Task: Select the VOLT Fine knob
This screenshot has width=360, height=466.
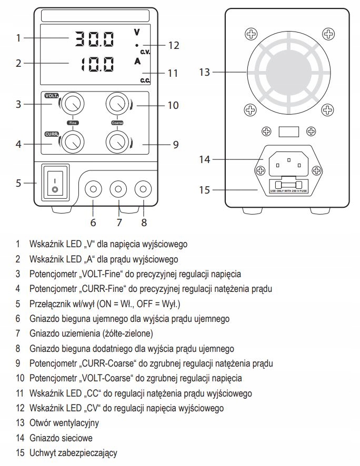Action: pos(72,105)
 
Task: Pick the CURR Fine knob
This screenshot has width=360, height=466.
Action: pos(72,141)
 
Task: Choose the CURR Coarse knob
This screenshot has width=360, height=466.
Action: pos(117,141)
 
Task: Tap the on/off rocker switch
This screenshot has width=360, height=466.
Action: pos(55,183)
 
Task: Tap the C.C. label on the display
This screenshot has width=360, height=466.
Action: pos(145,80)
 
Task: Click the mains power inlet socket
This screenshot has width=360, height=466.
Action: pos(287,164)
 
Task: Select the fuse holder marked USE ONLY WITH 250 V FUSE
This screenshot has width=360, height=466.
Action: pos(287,186)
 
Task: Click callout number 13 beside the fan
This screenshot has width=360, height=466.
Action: pos(205,72)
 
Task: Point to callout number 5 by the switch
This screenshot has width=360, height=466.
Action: pos(18,184)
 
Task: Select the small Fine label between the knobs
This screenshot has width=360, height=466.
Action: pos(72,123)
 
